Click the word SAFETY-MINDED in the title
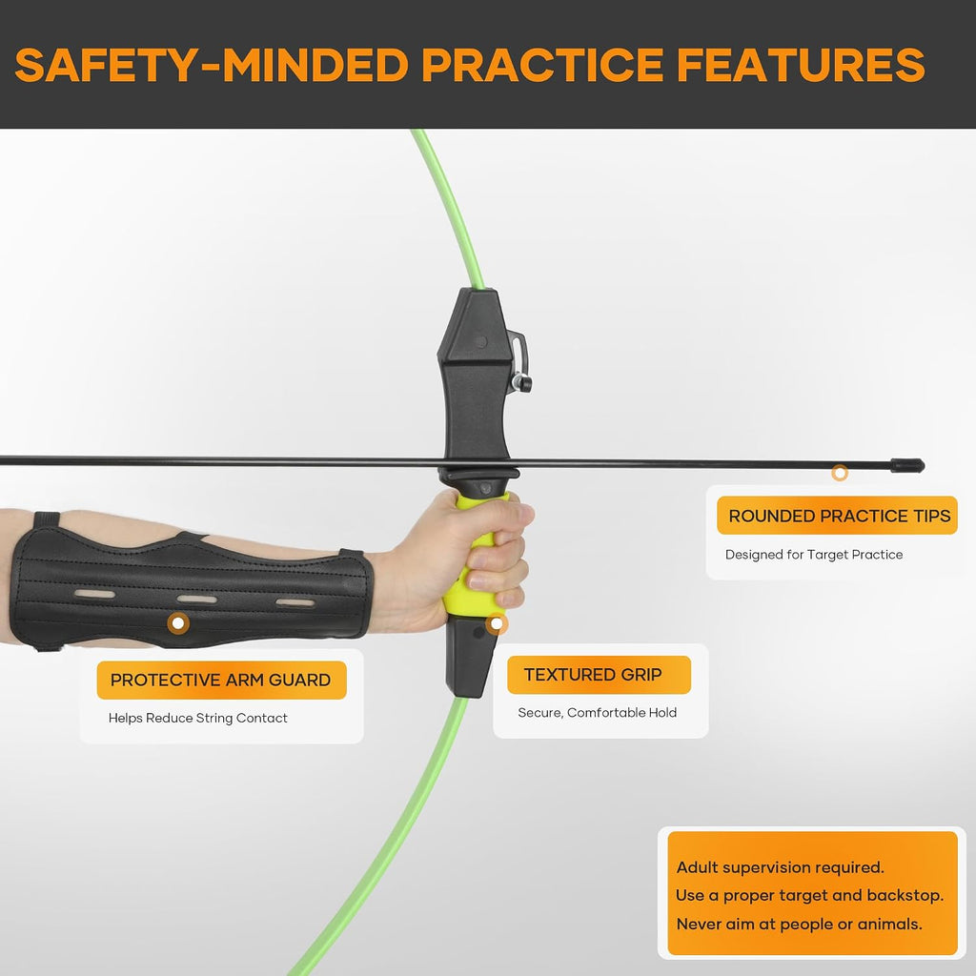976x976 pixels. point(211,65)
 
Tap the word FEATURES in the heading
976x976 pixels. point(801,65)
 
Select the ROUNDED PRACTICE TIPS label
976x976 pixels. point(839,516)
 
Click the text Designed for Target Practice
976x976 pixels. point(814,555)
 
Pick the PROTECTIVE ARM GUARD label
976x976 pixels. point(220,680)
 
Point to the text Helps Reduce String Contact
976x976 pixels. point(198,718)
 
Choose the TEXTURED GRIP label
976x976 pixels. point(593,674)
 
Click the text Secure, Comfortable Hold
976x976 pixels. point(597,713)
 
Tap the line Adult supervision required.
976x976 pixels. point(780,867)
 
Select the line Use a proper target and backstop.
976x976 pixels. point(810,896)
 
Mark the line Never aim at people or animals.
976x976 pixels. point(800,924)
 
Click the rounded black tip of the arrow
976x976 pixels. point(907,465)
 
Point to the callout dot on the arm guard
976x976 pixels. point(178,622)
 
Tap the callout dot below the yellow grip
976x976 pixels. point(496,623)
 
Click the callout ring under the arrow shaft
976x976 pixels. point(840,473)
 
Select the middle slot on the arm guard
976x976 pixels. point(197,600)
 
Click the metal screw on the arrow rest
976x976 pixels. point(521,381)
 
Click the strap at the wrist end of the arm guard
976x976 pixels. point(352,552)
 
